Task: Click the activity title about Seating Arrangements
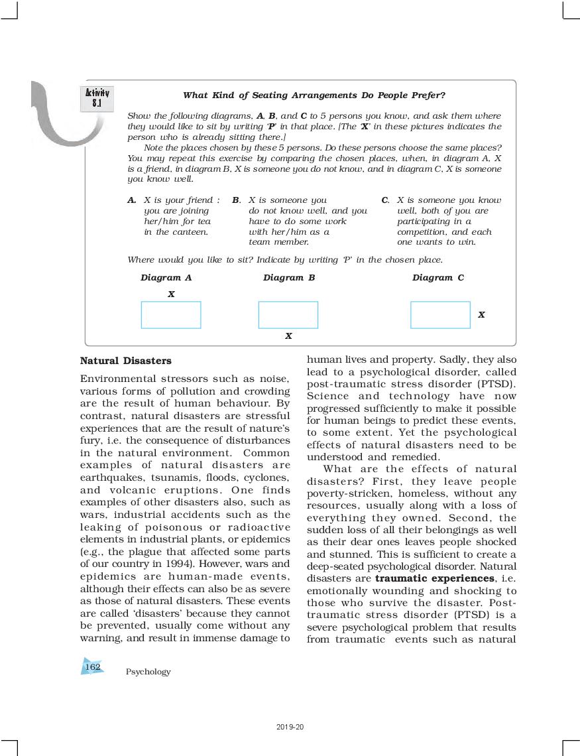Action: tap(314, 95)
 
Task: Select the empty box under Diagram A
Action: tap(171, 315)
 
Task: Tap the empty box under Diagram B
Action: tap(288, 315)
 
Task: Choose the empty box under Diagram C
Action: tap(440, 315)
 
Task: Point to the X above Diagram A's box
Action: tap(171, 294)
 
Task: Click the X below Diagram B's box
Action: tap(288, 336)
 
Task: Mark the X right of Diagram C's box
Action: tap(481, 315)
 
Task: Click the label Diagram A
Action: tap(166, 278)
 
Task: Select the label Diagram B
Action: tap(288, 278)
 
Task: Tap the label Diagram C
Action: tap(437, 278)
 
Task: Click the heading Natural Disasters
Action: tap(125, 361)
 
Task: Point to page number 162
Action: tap(93, 666)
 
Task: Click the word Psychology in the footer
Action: tap(148, 672)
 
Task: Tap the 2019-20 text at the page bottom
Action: tap(290, 727)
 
